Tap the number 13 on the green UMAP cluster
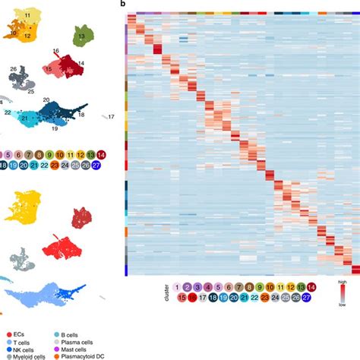pos(81,36)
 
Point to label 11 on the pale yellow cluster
pos(27,15)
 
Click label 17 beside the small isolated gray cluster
pos(112,116)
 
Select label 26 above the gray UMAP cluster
pos(13,69)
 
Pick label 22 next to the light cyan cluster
pos(7,112)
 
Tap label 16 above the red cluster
pos(55,52)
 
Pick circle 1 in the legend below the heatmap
pos(177,286)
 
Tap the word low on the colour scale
pos(343,304)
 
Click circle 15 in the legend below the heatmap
pos(177,298)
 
